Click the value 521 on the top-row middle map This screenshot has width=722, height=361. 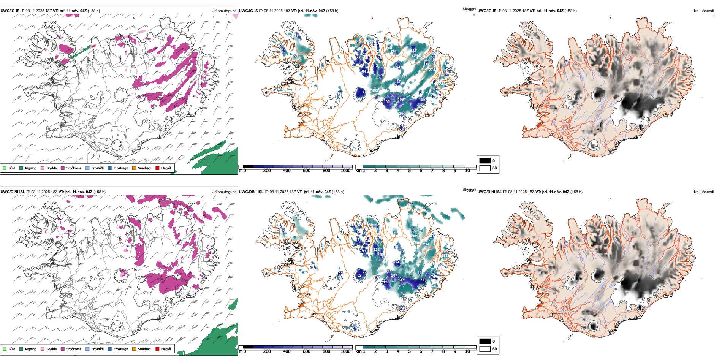[404, 76]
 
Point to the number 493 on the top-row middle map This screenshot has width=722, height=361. [375, 91]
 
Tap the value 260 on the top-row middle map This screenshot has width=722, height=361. [402, 113]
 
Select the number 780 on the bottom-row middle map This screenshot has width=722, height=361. [416, 243]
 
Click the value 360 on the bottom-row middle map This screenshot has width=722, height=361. [402, 294]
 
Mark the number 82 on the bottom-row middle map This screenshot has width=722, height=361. [359, 275]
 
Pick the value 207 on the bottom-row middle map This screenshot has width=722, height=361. [394, 275]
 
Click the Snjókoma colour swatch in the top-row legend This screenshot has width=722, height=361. [63, 168]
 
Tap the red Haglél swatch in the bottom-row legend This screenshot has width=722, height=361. [158, 349]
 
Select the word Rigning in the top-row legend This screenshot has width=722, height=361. [31, 168]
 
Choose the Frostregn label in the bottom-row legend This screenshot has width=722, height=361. [121, 349]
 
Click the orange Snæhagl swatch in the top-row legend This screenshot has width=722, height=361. [134, 168]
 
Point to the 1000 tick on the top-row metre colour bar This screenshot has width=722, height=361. [345, 171]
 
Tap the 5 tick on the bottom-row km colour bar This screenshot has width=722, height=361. [409, 351]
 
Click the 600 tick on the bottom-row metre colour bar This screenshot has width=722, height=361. [306, 351]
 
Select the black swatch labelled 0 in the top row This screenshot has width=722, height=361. [485, 160]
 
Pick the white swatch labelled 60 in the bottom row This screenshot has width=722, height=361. [485, 349]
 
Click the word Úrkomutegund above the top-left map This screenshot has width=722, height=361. [224, 11]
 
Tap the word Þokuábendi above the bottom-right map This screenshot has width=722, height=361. [704, 192]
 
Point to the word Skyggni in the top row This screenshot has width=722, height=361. [469, 9]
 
